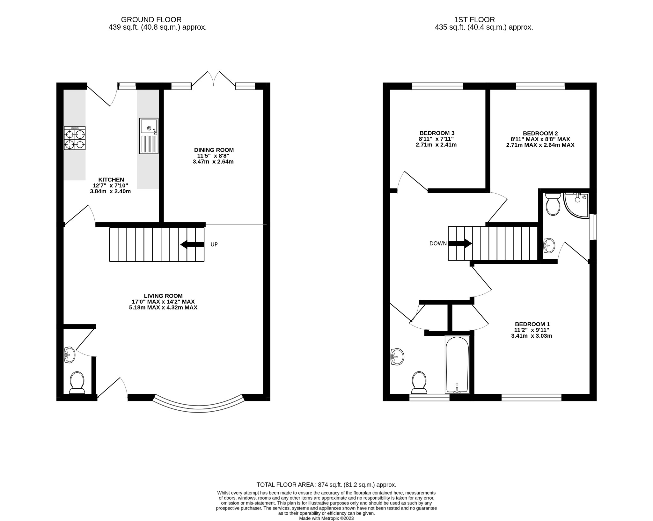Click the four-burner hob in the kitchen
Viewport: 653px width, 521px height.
coord(75,138)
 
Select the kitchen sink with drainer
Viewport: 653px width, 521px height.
coord(149,136)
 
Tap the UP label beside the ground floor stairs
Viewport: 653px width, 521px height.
coord(214,245)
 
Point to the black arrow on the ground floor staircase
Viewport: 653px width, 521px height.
coord(192,245)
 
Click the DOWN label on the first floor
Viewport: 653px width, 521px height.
coord(438,244)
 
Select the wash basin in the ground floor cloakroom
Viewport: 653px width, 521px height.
coord(70,355)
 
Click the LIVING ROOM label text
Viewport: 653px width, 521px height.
coord(163,296)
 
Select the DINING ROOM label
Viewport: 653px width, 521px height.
coord(214,150)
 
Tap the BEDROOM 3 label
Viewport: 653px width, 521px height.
coord(437,133)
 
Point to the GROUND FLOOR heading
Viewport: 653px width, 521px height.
coord(151,20)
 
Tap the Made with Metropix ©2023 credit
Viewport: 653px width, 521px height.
coord(326,518)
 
